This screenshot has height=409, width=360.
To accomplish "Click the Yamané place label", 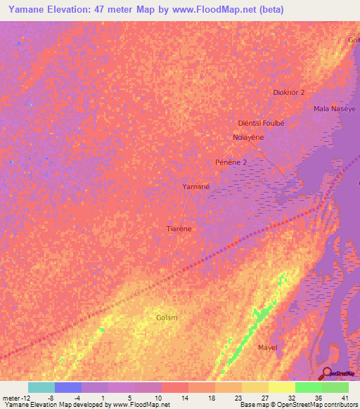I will click(196, 187).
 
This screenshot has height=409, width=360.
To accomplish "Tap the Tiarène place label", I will click(179, 229).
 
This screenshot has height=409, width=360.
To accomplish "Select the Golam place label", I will click(167, 318).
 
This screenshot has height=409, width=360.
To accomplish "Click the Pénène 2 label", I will click(231, 162).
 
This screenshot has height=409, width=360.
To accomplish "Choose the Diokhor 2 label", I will click(288, 93).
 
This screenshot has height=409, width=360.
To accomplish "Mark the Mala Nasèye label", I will click(335, 109).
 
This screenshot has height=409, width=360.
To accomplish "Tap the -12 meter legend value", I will click(15, 397).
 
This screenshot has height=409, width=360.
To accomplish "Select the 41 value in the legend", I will click(345, 397).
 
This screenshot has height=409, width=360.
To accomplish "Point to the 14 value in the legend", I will click(184, 397).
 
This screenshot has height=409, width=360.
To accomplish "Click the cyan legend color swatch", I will click(41, 387).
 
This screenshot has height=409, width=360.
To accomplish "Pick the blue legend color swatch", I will click(68, 387).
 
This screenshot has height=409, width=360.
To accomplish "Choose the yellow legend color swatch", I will click(282, 387).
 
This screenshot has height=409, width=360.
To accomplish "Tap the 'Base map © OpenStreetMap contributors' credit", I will click(297, 405).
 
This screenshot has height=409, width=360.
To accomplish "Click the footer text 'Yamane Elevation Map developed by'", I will click(56, 405).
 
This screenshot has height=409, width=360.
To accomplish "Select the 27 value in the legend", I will click(264, 397).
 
